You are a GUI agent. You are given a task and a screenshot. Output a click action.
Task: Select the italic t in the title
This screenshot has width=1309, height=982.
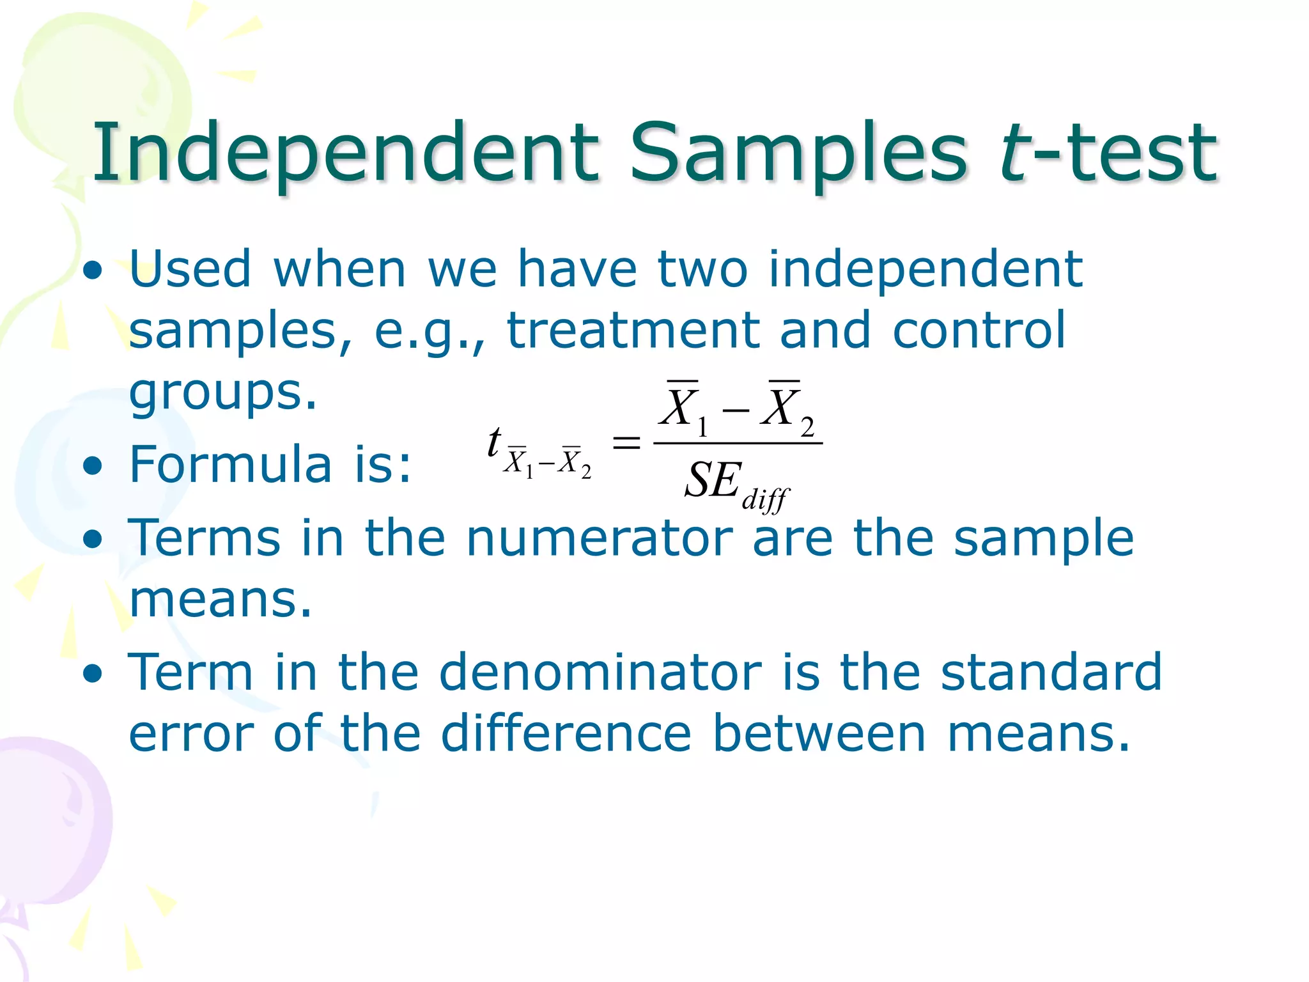[1015, 153]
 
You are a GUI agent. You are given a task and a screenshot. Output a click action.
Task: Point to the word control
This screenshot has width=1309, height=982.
[979, 331]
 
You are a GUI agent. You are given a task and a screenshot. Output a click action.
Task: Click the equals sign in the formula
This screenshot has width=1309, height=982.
[626, 442]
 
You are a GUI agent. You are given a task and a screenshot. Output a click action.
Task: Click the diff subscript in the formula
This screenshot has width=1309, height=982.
[766, 499]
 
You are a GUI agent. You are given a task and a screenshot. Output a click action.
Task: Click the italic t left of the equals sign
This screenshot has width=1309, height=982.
[493, 442]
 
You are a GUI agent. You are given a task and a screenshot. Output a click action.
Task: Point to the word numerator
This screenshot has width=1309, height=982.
[599, 538]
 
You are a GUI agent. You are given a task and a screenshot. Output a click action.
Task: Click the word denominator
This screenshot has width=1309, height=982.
[600, 673]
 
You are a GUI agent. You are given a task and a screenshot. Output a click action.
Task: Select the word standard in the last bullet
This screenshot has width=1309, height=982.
[1051, 673]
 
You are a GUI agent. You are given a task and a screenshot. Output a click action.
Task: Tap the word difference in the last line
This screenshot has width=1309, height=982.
[566, 733]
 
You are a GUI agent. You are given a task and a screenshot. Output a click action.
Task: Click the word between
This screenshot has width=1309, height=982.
[819, 733]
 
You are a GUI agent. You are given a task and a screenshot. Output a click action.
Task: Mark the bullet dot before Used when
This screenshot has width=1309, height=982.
[93, 271]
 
